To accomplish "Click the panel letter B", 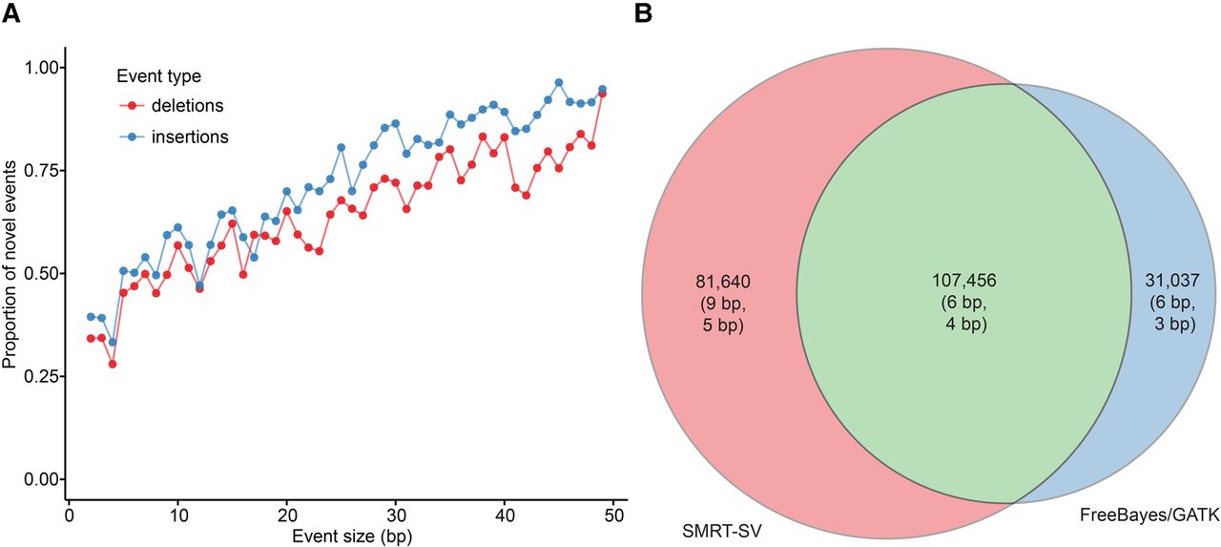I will (x=644, y=13).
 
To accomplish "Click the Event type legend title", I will (x=158, y=74).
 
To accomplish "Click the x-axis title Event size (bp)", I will (x=341, y=536).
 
